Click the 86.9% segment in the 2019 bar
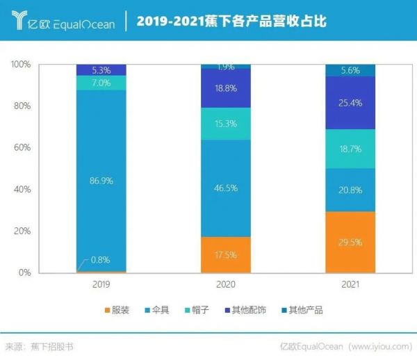[x=101, y=180]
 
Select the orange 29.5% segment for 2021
[x=350, y=242]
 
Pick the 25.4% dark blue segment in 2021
[x=350, y=103]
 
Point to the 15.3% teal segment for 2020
[x=226, y=124]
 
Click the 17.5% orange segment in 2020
[x=226, y=254]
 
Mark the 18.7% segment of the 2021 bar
[x=350, y=149]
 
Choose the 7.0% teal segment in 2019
[x=101, y=83]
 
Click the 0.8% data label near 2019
[x=101, y=261]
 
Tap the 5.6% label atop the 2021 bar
[x=350, y=70]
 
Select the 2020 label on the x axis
[x=226, y=284]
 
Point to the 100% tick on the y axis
[x=21, y=65]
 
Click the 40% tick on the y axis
[x=22, y=190]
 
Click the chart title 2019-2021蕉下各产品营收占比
[x=231, y=22]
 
